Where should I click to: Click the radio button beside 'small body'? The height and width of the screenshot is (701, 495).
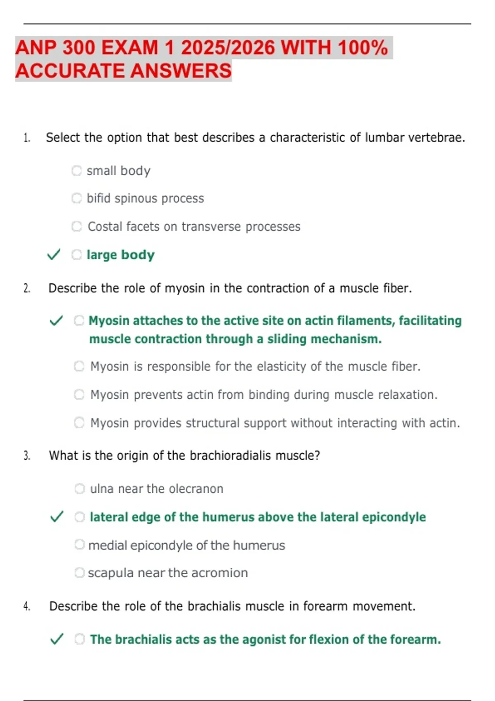click(x=77, y=170)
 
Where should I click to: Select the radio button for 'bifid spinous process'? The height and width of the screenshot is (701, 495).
click(x=77, y=198)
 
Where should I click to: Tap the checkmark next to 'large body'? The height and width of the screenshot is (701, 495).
click(x=54, y=254)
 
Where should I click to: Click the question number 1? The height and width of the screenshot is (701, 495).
click(x=27, y=138)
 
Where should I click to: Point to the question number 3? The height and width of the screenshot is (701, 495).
click(x=27, y=456)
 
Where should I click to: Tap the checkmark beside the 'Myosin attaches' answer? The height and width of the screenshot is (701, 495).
click(x=56, y=320)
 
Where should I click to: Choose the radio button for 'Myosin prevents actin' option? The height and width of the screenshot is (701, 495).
click(x=79, y=395)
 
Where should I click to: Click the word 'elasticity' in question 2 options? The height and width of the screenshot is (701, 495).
click(x=280, y=366)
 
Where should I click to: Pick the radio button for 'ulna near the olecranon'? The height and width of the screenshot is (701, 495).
click(x=80, y=489)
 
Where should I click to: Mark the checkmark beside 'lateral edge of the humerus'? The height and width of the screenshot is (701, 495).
click(x=57, y=516)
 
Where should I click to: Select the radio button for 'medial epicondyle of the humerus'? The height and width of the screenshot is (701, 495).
click(x=80, y=545)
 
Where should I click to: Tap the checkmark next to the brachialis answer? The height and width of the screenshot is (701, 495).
click(x=57, y=639)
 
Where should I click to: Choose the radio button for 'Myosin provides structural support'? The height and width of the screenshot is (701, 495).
click(x=79, y=423)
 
